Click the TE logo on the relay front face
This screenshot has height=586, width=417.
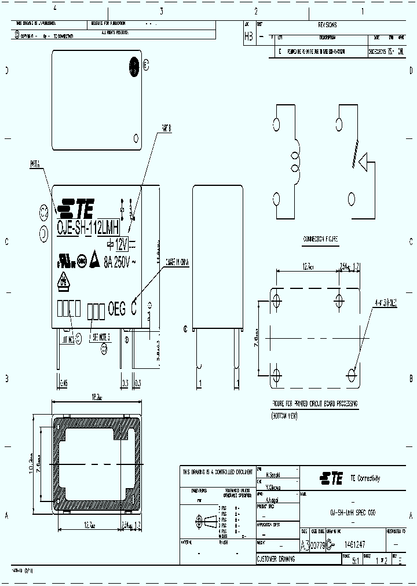76,207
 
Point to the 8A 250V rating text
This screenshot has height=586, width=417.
119,262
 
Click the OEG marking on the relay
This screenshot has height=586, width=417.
117,310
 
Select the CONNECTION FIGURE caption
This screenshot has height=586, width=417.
320,239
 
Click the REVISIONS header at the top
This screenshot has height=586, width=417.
327,25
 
